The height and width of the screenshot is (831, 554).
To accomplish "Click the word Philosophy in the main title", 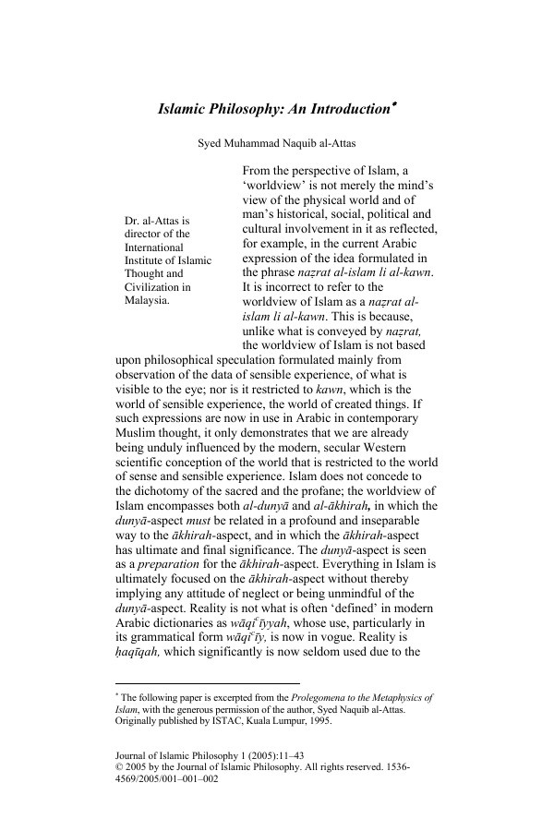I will click(247, 110).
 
